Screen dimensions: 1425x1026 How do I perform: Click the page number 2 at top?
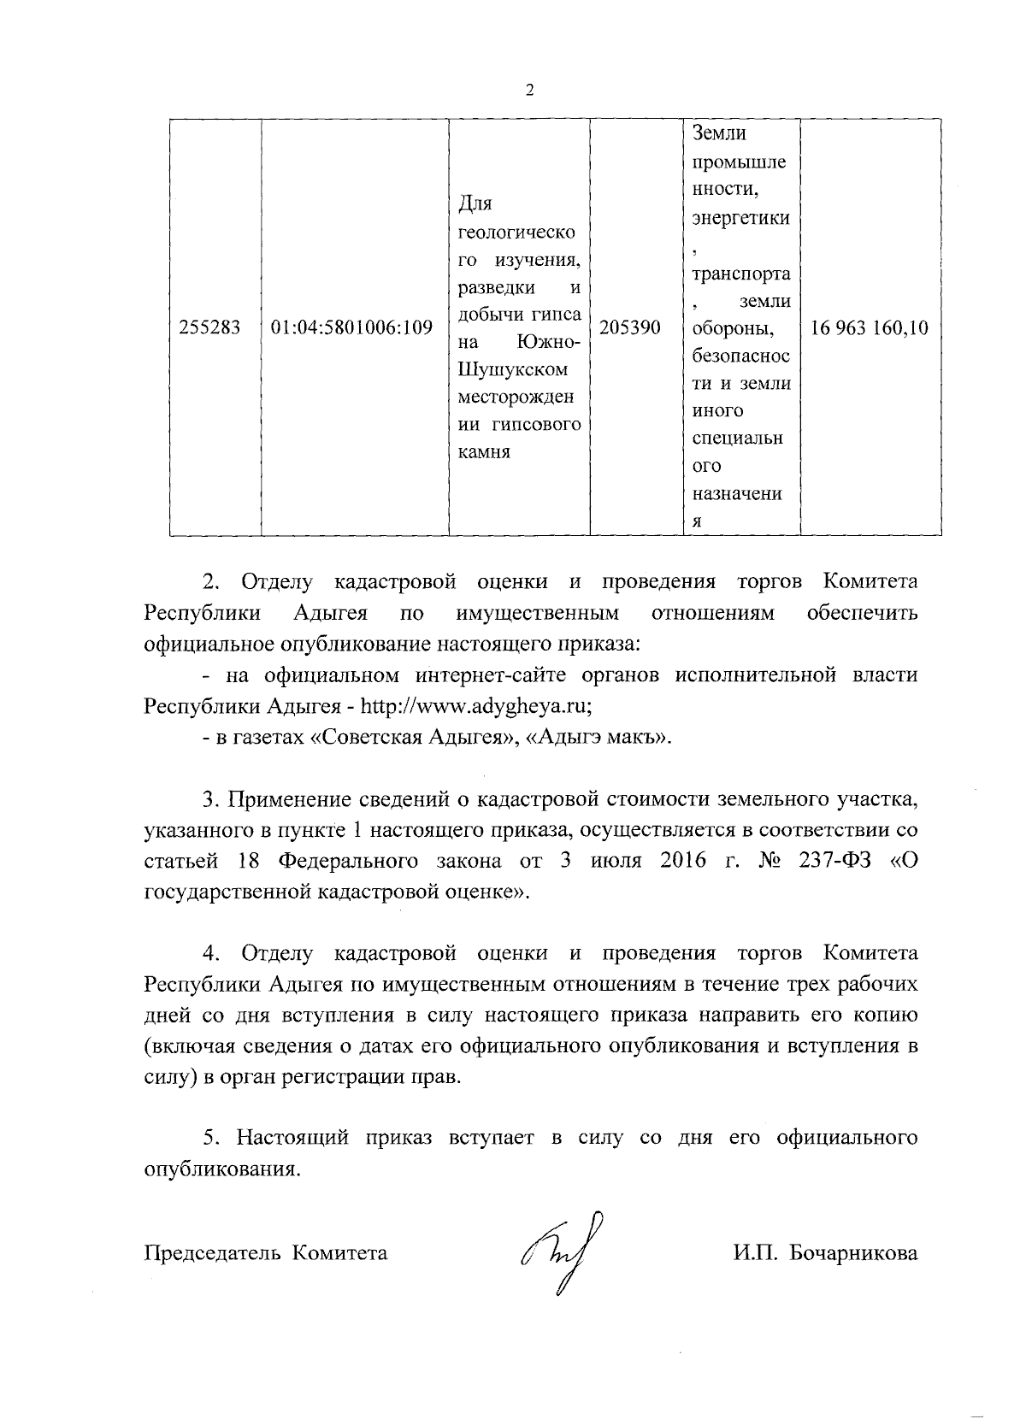530,91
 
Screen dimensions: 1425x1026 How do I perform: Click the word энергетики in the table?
740,217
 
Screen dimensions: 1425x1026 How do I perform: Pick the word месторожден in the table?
516,398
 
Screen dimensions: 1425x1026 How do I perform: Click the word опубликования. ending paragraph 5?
222,1169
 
